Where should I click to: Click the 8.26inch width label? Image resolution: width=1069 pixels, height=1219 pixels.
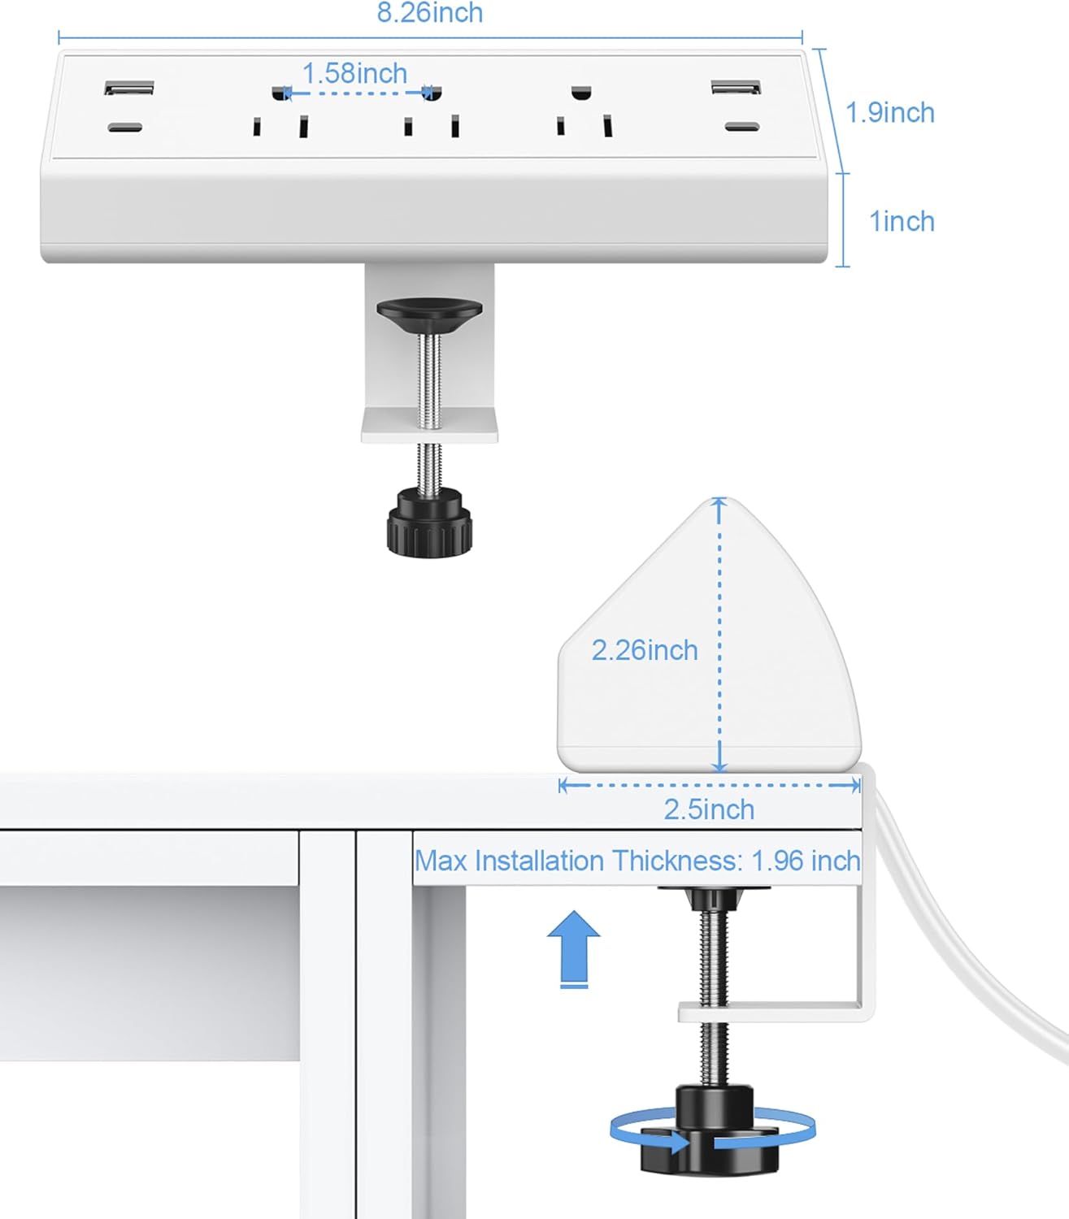[x=429, y=13]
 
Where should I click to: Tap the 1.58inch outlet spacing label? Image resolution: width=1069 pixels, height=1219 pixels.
[x=354, y=74]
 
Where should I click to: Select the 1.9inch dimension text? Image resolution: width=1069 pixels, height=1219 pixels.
[x=890, y=113]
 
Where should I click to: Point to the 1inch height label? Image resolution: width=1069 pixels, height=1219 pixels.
[x=902, y=222]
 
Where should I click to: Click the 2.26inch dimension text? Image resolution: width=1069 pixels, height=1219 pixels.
[x=644, y=650]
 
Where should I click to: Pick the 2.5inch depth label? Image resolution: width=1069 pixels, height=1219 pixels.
[x=709, y=809]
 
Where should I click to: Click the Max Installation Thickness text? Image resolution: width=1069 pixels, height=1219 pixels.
[x=637, y=861]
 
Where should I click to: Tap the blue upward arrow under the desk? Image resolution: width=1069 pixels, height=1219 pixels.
[x=573, y=948]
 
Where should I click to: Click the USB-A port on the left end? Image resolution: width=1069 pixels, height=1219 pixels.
[x=128, y=88]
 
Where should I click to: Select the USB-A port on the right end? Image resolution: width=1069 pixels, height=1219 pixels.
[x=736, y=88]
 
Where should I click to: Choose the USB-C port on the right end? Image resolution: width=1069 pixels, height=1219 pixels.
[x=741, y=128]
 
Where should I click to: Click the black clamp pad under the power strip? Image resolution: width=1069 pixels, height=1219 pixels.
[x=429, y=312]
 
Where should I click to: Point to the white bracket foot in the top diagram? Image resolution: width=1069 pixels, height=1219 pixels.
[x=429, y=426]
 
